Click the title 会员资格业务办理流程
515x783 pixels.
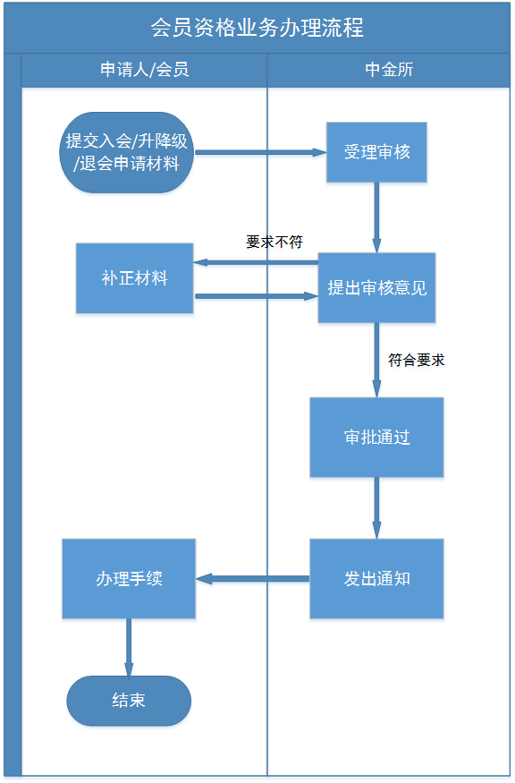point(257,28)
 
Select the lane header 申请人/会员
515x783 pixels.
point(145,70)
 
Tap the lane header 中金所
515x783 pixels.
point(390,70)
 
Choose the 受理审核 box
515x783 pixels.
point(376,152)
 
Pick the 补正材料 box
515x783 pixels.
point(134,278)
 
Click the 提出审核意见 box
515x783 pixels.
point(376,288)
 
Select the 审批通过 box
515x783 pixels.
point(376,438)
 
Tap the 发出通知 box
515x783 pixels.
point(376,578)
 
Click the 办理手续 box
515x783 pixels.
point(129,578)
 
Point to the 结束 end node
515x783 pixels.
point(129,700)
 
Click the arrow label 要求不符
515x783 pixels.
point(274,242)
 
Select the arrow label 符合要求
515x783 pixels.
point(417,361)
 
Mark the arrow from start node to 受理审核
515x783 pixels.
point(259,152)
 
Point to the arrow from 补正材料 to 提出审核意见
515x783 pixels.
point(256,295)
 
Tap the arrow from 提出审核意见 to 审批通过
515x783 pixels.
point(376,359)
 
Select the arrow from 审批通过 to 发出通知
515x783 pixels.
point(376,507)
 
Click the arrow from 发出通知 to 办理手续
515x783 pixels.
point(253,579)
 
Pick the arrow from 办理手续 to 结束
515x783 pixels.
point(129,647)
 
